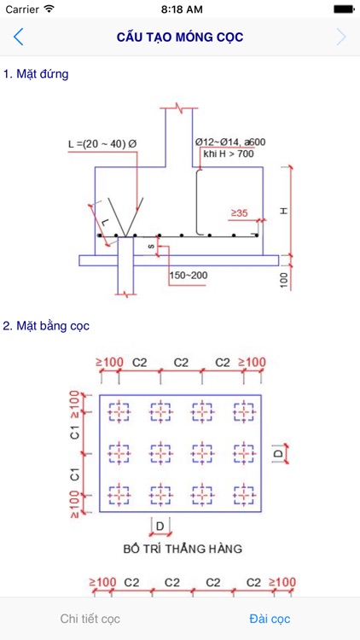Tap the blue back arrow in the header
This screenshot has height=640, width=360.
pyautogui.click(x=18, y=38)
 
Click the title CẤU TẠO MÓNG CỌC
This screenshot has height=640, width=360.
pyautogui.click(x=180, y=38)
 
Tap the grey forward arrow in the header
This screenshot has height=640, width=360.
pyautogui.click(x=341, y=38)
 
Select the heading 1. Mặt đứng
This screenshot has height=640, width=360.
pyautogui.click(x=36, y=74)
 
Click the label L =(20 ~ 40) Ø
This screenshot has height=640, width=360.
pyautogui.click(x=102, y=144)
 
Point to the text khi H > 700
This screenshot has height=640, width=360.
pyautogui.click(x=229, y=154)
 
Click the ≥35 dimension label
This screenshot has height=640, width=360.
pyautogui.click(x=240, y=212)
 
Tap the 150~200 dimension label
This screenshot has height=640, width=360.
pyautogui.click(x=189, y=275)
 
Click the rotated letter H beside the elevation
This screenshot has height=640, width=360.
pyautogui.click(x=284, y=211)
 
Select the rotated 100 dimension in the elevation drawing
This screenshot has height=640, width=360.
pyautogui.click(x=284, y=280)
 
